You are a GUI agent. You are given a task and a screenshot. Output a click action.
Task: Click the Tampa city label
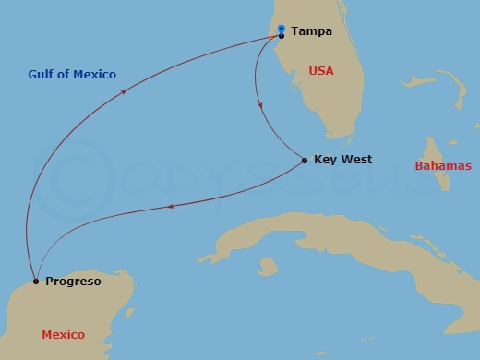311,30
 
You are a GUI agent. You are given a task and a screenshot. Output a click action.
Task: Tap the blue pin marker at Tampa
281,30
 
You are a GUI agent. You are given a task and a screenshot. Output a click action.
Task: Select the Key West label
342,160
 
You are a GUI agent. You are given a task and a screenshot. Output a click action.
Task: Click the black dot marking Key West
305,162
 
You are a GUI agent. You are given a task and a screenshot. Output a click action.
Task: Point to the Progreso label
73,281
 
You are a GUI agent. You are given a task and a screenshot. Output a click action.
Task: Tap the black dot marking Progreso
35,281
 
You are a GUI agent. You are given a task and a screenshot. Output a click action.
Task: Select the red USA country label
320,71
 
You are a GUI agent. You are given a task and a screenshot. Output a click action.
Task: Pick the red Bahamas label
442,166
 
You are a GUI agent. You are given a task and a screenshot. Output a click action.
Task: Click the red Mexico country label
64,334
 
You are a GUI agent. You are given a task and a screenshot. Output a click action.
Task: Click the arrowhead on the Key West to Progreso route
166,207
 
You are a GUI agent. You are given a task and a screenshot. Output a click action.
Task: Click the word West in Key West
356,160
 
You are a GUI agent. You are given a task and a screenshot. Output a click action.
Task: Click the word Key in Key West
324,160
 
